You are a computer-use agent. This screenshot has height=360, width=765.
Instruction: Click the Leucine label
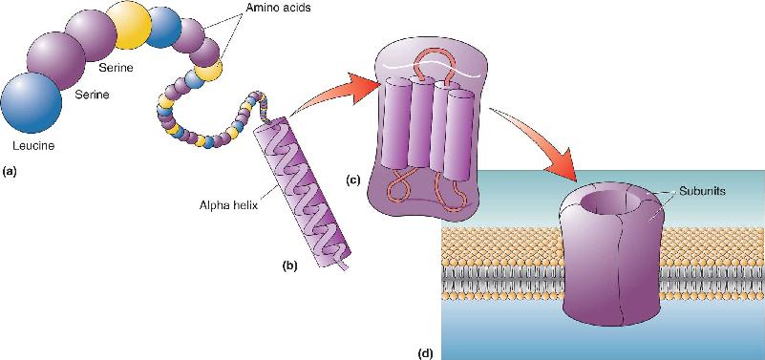(33, 145)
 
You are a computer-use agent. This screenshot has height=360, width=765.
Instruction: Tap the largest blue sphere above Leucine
(32, 102)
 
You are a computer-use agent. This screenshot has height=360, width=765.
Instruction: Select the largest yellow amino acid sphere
(129, 26)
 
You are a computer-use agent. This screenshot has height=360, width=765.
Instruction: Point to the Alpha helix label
(224, 205)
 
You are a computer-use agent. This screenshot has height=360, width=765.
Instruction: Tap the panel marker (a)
(11, 172)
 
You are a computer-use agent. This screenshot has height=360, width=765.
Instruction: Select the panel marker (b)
(287, 265)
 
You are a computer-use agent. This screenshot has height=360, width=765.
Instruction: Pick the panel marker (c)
(353, 180)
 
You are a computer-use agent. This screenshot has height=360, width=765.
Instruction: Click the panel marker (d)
(426, 352)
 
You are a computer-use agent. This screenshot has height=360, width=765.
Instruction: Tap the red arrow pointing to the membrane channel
(536, 143)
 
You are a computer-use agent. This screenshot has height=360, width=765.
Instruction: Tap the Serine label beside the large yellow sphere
(116, 68)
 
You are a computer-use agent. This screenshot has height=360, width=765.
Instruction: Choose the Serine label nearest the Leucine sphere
(92, 95)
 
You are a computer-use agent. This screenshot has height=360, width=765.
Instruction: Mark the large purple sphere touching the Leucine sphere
(56, 61)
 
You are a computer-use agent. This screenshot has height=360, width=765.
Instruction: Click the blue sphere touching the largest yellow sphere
(164, 28)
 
